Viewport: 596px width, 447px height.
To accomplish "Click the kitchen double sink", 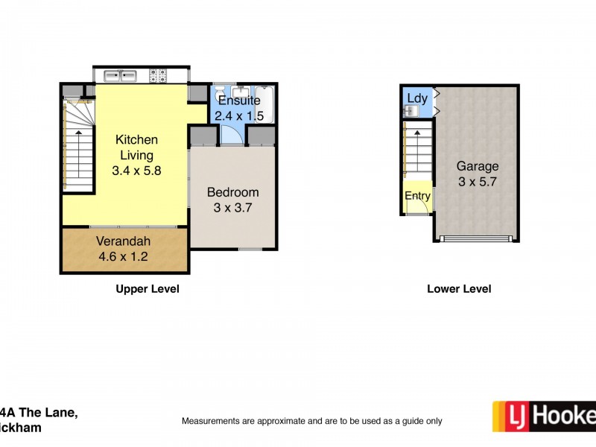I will coord(120,75).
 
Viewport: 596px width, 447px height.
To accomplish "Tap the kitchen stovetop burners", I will coord(159,75).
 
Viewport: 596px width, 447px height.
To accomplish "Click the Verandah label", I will coord(124,241).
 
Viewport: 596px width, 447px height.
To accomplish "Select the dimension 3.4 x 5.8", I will coord(136,170).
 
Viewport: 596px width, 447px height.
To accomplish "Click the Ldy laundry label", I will coord(415,98).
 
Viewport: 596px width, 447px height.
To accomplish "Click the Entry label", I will coord(417,197).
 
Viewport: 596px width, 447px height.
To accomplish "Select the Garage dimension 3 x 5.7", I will coord(478,182).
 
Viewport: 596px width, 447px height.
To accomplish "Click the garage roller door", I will coord(476,238).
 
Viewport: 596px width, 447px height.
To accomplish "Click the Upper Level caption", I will coord(147,289).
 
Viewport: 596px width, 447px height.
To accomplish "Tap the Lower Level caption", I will coord(459,289).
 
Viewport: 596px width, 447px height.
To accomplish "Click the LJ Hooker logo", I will coord(544,416).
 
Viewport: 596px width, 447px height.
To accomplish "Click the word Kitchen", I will coord(136,140).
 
